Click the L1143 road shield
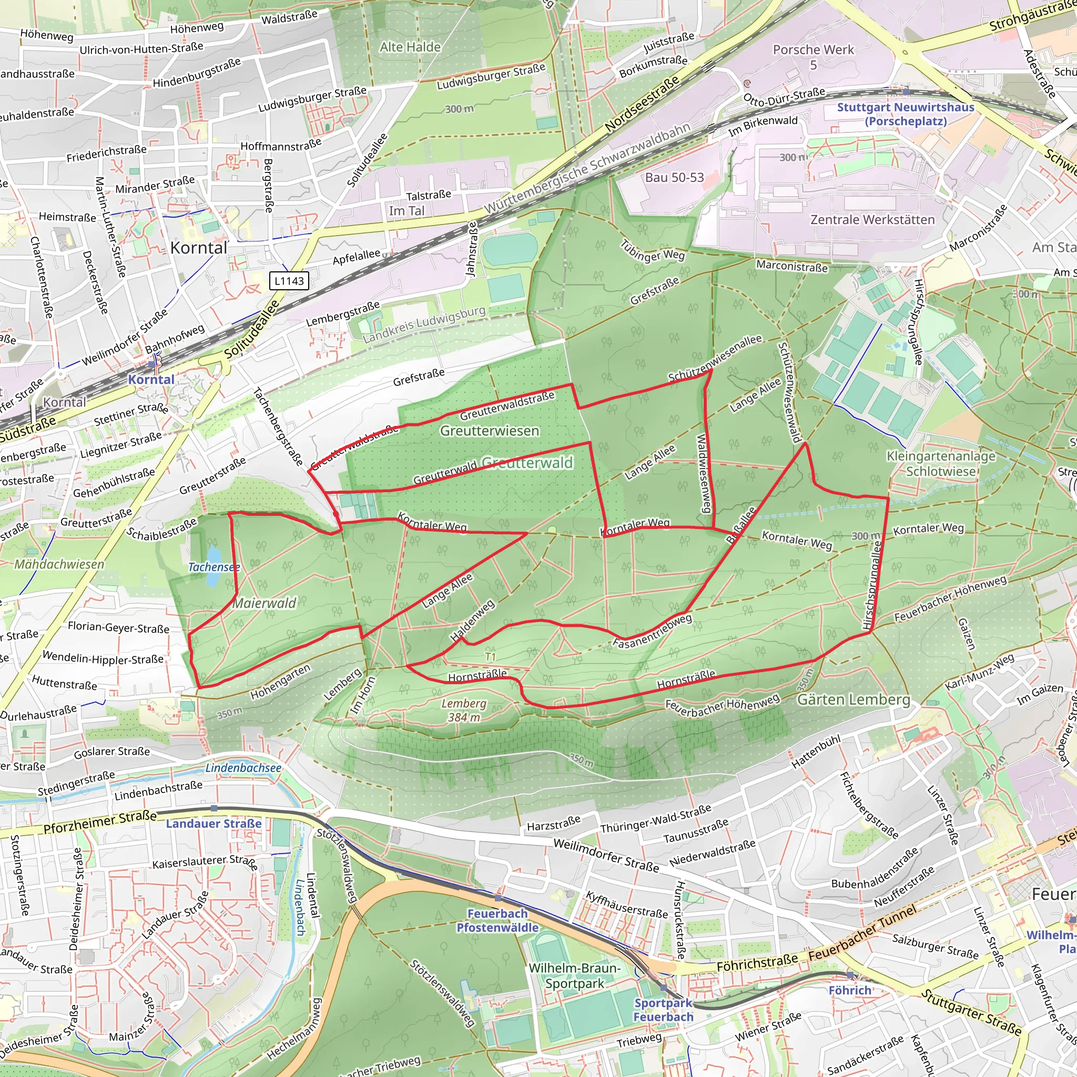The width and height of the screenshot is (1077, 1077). (289, 281)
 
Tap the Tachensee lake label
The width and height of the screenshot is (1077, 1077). (214, 567)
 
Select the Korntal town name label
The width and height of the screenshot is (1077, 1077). (199, 248)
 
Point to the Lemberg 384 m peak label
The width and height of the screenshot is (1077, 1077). (464, 710)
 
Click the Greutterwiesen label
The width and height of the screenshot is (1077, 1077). (490, 431)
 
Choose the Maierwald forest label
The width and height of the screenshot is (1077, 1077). (264, 603)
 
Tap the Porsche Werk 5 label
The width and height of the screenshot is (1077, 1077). (814, 57)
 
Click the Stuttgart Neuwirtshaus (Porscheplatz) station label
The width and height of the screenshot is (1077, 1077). (906, 114)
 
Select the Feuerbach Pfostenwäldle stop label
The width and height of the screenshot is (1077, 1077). (497, 920)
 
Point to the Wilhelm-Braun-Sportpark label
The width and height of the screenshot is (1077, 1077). (574, 976)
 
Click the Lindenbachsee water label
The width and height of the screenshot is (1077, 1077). (243, 768)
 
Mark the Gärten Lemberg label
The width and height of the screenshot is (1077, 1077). (854, 699)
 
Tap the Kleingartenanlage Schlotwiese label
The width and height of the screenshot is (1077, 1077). (941, 464)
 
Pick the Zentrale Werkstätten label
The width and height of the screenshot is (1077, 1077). (872, 220)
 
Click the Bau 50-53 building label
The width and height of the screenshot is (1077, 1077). (675, 178)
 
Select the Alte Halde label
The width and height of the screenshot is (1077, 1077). (410, 47)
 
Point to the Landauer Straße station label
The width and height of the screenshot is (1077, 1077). (214, 824)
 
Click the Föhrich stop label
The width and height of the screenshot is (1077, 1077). (850, 990)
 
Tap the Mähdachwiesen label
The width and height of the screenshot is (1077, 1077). (59, 564)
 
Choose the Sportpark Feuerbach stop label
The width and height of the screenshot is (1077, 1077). (663, 1010)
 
